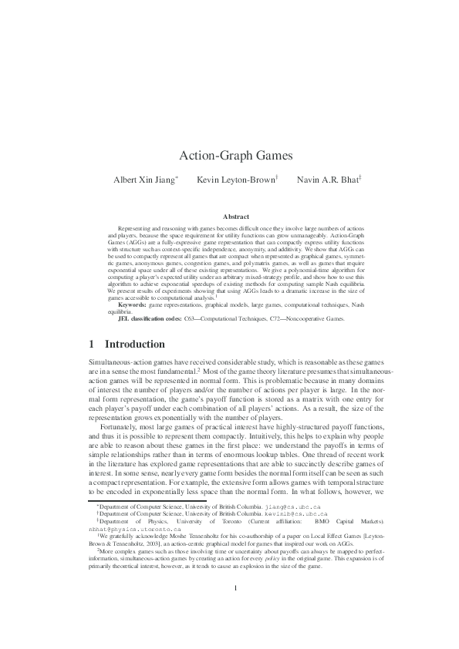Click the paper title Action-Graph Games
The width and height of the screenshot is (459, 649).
(x=228, y=155)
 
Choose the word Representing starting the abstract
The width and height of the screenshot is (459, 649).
(x=136, y=230)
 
